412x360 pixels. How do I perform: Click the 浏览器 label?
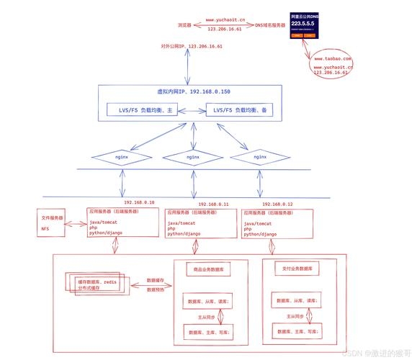click(x=184, y=24)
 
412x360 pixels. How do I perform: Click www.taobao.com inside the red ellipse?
click(x=332, y=58)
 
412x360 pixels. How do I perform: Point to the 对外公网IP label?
click(x=192, y=45)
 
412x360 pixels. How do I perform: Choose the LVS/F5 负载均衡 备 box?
click(x=236, y=110)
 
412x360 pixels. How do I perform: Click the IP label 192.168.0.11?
click(x=212, y=204)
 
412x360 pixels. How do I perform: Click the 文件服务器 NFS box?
click(x=51, y=222)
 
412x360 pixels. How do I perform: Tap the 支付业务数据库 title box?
click(x=295, y=269)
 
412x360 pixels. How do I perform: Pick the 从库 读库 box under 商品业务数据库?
click(x=210, y=301)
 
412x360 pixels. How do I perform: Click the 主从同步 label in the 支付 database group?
click(x=292, y=316)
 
